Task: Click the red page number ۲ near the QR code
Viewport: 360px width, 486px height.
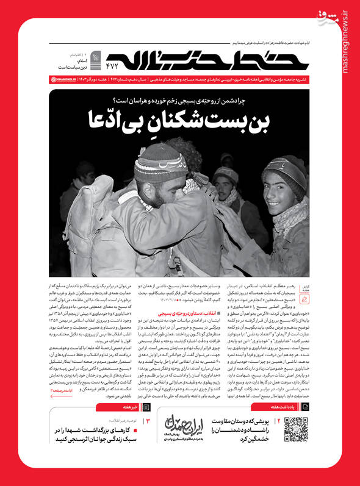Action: [278, 438]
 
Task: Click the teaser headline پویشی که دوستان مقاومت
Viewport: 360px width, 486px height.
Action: [242, 439]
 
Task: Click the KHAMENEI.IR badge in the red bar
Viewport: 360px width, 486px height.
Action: [65, 80]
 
